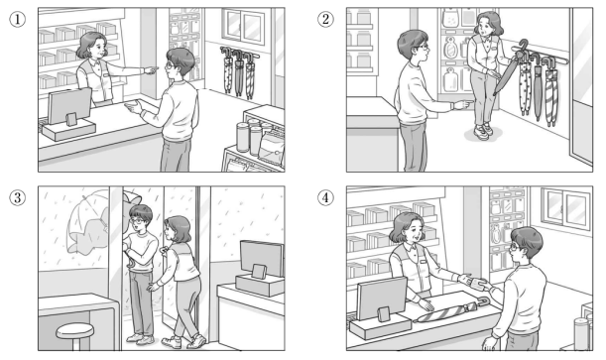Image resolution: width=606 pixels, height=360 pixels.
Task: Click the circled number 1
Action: click(x=18, y=19)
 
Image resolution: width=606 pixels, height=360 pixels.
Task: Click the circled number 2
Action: click(x=325, y=19)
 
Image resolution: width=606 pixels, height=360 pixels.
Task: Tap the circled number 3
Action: click(x=18, y=198)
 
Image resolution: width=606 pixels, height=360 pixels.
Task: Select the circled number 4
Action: click(x=325, y=198)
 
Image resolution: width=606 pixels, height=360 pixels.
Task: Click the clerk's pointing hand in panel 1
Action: click(x=151, y=69)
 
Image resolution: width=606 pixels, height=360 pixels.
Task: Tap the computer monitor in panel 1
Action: click(x=69, y=106)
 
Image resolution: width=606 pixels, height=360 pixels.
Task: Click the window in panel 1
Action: click(x=244, y=26)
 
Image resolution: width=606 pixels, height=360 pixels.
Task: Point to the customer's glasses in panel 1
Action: click(x=170, y=65)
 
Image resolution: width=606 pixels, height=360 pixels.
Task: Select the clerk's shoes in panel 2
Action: click(x=483, y=131)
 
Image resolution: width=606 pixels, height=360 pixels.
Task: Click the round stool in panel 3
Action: click(x=75, y=334)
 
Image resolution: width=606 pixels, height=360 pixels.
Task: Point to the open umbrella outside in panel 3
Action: click(x=88, y=222)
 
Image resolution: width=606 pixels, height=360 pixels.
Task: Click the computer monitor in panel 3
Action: click(x=262, y=258)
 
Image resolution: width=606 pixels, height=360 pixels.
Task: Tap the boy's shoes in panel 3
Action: click(x=140, y=339)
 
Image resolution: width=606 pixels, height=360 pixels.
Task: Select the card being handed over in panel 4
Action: click(x=475, y=283)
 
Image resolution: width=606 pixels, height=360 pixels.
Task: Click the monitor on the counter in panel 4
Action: click(x=382, y=298)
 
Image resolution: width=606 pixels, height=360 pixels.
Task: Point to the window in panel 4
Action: click(x=566, y=208)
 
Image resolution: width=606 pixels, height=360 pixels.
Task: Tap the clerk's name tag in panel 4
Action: click(x=424, y=262)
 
